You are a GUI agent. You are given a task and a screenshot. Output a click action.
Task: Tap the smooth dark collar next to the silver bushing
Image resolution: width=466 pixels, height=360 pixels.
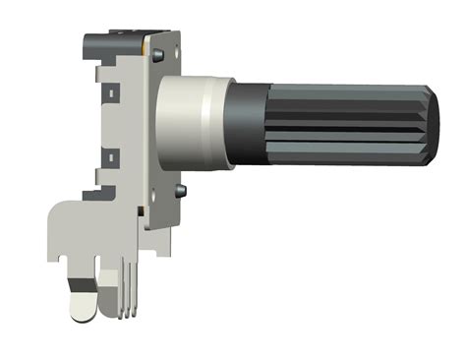click(x=244, y=119)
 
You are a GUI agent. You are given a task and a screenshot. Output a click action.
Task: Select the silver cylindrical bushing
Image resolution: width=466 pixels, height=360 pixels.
click(x=187, y=119)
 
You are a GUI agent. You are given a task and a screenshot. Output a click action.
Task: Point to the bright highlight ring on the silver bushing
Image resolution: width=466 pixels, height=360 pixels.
click(x=205, y=119)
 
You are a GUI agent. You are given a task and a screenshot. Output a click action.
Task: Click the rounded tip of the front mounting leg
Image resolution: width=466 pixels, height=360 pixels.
click(x=82, y=313)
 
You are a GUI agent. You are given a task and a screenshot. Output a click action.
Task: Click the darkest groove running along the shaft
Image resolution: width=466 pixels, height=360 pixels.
click(x=344, y=115)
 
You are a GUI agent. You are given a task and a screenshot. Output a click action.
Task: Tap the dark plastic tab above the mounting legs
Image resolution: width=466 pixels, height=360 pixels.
click(x=95, y=193)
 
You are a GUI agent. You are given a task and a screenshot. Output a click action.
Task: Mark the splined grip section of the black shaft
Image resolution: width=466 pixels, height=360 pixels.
click(x=344, y=122)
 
